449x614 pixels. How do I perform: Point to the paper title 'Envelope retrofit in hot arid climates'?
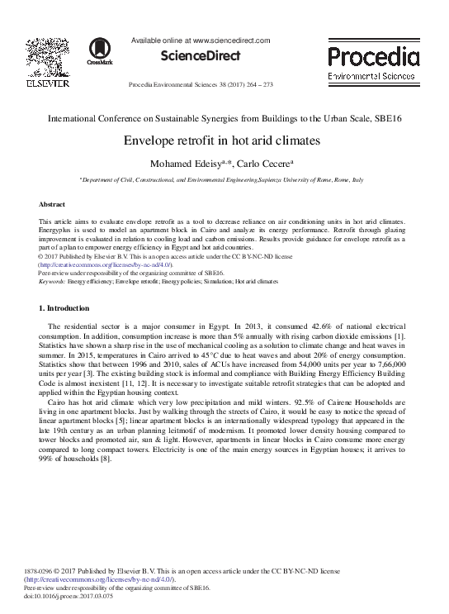click(x=224, y=140)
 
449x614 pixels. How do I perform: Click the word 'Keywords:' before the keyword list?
click(x=52, y=282)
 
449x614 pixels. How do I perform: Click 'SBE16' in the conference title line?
click(x=390, y=118)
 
